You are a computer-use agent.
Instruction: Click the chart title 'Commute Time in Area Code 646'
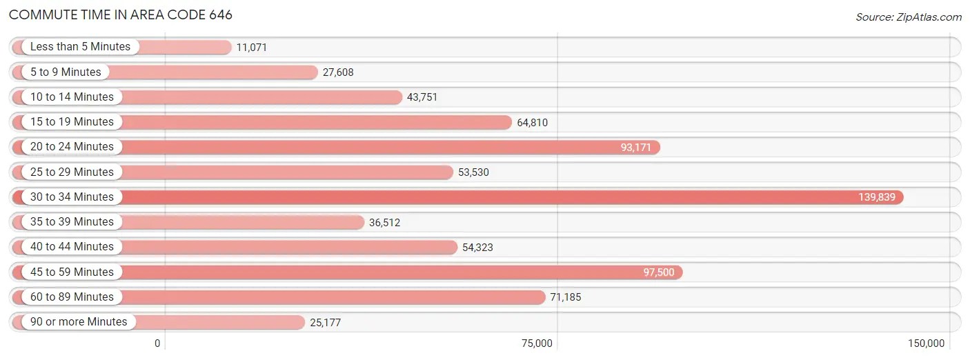[121, 14]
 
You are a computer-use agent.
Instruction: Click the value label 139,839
[877, 197]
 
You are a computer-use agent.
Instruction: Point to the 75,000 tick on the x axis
[537, 343]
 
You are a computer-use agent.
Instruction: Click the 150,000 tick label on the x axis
[926, 343]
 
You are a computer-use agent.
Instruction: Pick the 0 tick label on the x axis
[157, 343]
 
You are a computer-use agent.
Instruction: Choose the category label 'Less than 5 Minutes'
[80, 47]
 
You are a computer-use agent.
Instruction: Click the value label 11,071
[251, 48]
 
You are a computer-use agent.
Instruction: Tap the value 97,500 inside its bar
[659, 272]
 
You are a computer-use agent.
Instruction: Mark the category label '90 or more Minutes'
[79, 322]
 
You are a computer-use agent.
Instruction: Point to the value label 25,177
[326, 323]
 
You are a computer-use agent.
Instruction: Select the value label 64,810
[532, 123]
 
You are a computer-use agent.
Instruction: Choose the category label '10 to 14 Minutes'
[72, 97]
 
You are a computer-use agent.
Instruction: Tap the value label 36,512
[385, 223]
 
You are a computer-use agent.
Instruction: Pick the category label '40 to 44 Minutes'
[72, 247]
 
